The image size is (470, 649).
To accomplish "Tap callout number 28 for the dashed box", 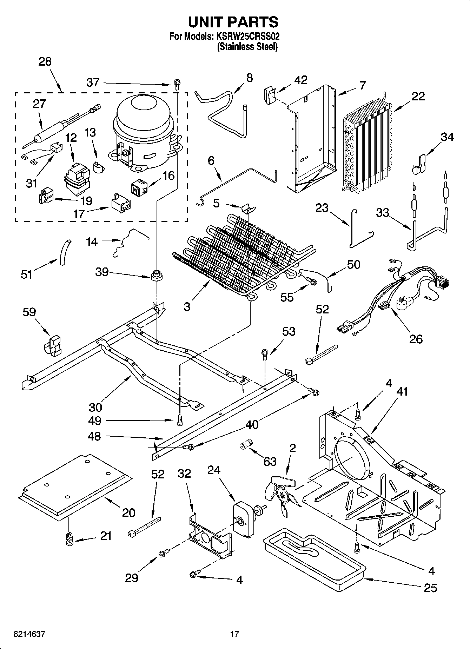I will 45,61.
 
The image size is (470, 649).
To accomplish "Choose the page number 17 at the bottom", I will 234,634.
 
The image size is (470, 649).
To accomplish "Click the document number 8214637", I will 29,634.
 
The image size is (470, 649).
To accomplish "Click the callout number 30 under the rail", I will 95,407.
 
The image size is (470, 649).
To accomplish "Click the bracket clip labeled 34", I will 419,164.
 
